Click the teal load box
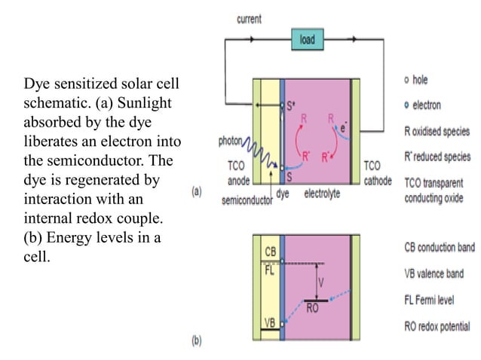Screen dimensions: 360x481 tap(308, 38)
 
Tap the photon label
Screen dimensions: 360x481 tap(231, 140)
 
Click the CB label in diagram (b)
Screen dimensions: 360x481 tap(270, 250)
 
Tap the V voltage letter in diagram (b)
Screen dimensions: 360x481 tap(322, 283)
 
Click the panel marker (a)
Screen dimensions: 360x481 tap(197, 192)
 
